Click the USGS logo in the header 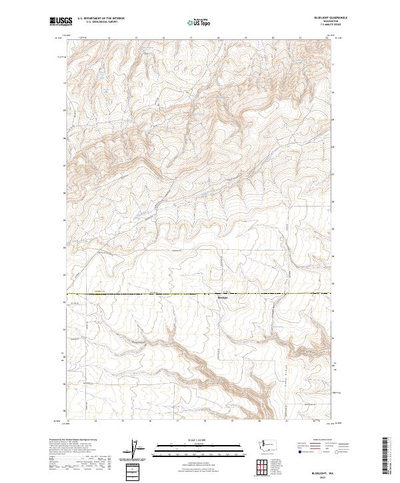click(x=60, y=21)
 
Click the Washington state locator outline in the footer click(x=268, y=444)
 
